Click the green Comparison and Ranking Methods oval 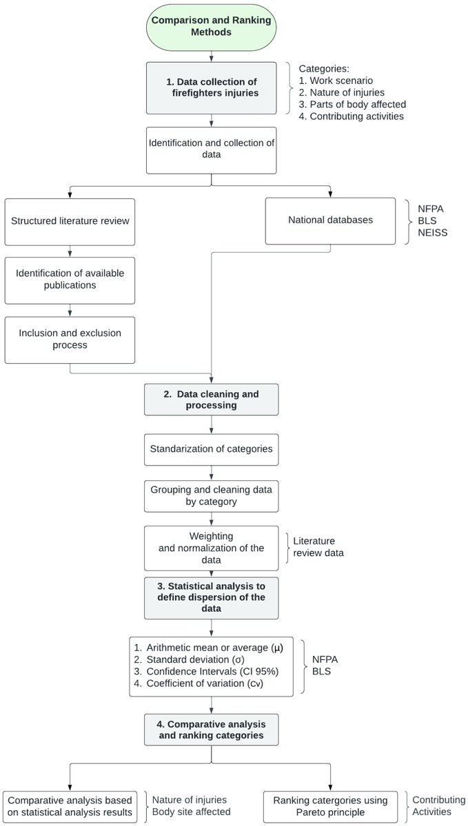tap(211, 26)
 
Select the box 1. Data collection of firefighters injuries tap(211, 87)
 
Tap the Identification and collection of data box tap(211, 149)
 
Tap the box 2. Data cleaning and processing tap(211, 400)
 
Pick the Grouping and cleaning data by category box tap(211, 496)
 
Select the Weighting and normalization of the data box tap(211, 548)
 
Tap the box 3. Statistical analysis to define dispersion tap(211, 597)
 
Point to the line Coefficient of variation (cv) tap(200, 685)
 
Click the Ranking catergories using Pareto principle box tap(330, 806)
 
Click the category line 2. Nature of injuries tap(343, 92)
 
